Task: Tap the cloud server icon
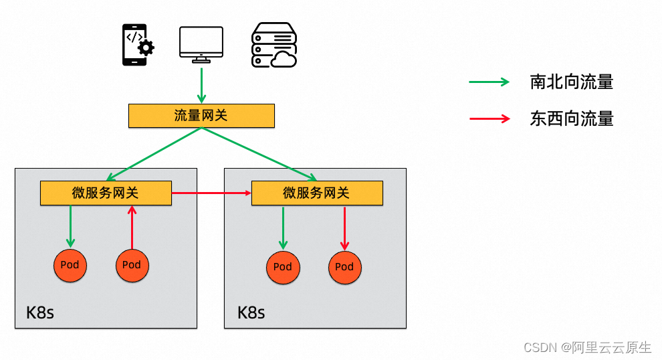tap(273, 45)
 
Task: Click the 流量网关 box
tap(201, 115)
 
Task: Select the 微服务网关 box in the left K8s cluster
tap(106, 193)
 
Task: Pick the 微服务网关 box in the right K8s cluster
tap(316, 193)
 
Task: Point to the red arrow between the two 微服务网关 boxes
tap(211, 193)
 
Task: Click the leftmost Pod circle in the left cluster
tap(70, 265)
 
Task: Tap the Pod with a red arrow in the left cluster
tap(132, 265)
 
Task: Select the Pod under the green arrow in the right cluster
tap(283, 267)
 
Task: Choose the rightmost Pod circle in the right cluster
tap(344, 267)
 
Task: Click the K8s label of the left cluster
tap(40, 312)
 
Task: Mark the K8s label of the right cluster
tap(251, 312)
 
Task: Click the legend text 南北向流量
tap(571, 82)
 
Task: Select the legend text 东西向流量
tap(571, 119)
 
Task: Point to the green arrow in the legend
tap(489, 82)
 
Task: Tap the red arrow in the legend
tap(489, 119)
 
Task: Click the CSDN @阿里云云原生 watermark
tap(587, 347)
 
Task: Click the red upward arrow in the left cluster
tap(132, 227)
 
